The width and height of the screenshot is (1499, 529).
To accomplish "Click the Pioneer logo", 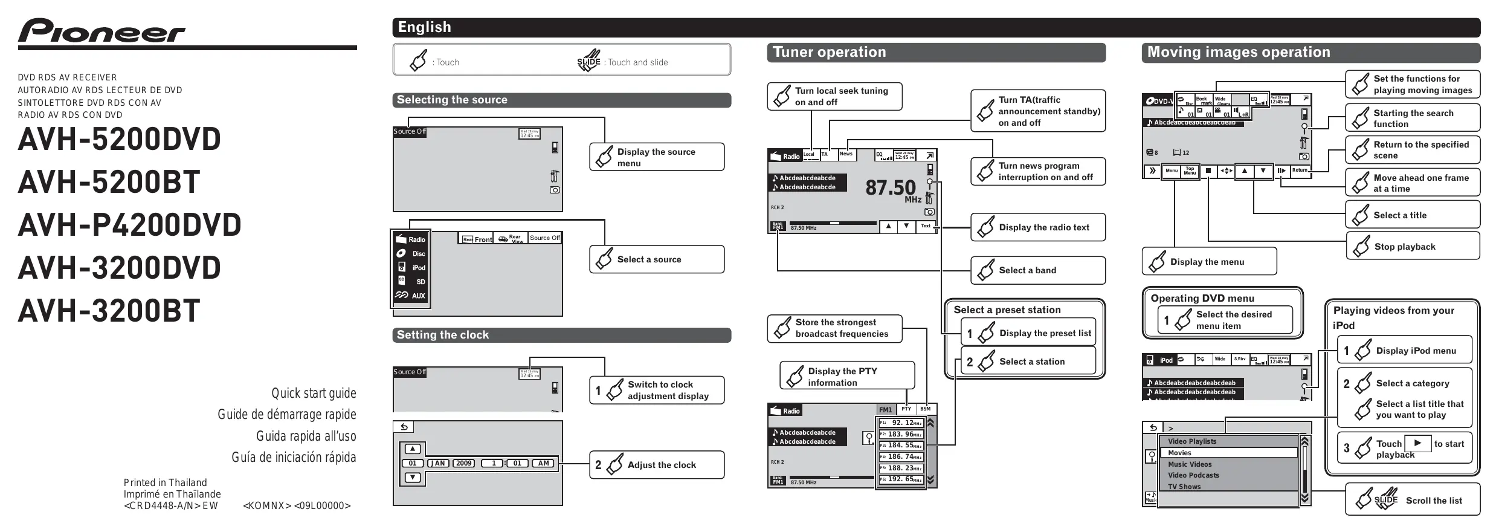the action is pos(102,31).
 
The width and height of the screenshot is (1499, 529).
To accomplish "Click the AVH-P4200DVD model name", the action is pos(129,225).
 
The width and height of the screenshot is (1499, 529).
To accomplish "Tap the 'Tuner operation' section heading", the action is pos(829,53).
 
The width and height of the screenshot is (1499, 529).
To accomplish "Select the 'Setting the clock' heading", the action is pos(442,335).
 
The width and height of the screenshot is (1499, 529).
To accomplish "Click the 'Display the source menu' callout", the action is pos(657,157).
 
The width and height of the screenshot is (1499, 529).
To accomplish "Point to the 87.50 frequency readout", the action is pos(890,187).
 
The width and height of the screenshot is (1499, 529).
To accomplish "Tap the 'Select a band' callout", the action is pos(1038,270).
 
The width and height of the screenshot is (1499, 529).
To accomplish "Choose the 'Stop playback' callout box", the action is pos(1413,246).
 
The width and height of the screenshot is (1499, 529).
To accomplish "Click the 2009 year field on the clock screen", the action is pos(464,463).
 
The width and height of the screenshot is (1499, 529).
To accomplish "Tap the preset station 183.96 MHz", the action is pos(901,434).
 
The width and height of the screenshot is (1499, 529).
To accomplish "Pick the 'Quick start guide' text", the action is pos(314,394).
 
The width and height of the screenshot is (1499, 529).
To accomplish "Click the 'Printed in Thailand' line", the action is pos(165,482).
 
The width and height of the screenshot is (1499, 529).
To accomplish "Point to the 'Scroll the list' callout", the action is pos(1413,499).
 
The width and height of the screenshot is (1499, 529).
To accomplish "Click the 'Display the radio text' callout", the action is pos(1038,227).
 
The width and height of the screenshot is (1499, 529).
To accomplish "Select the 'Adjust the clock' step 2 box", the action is pos(657,465).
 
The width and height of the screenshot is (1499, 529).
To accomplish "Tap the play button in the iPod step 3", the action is pos(1417,443).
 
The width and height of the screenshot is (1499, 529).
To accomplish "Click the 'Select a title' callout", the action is pos(1413,215).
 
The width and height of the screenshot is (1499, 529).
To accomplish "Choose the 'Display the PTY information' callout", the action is pos(847,376).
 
